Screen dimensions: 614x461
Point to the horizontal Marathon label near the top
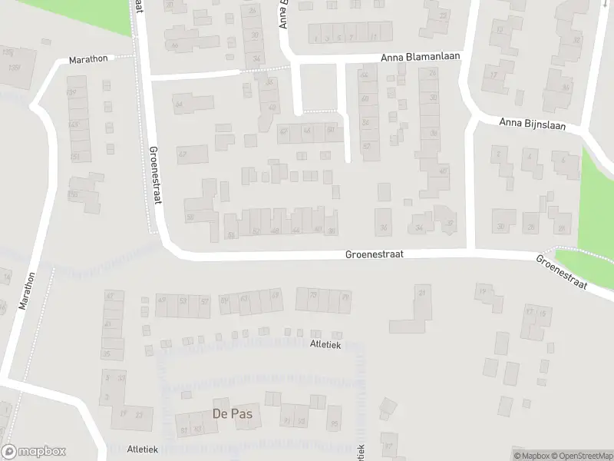pyautogui.click(x=88, y=58)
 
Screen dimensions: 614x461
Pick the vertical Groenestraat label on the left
pyautogui.click(x=156, y=174)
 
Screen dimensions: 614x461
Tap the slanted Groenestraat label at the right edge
pyautogui.click(x=562, y=272)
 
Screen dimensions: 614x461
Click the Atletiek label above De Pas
pyautogui.click(x=325, y=345)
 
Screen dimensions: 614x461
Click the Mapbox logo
pyautogui.click(x=34, y=452)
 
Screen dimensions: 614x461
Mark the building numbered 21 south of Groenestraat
pyautogui.click(x=421, y=292)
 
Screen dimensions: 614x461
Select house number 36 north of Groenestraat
pyautogui.click(x=434, y=133)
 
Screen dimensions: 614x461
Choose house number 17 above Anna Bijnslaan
pyautogui.click(x=495, y=75)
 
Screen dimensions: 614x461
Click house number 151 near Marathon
pyautogui.click(x=75, y=157)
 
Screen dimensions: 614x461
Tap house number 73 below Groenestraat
pyautogui.click(x=312, y=295)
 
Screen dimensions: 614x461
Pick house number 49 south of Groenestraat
pyautogui.click(x=161, y=300)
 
